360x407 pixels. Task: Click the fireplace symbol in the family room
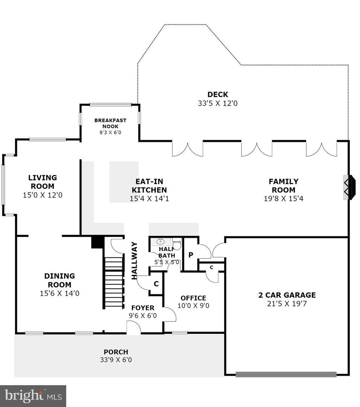coord(349,187)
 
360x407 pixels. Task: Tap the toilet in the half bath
coord(177,244)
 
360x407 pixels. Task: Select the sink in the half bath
coord(161,242)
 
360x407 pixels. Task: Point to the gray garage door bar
coord(286,374)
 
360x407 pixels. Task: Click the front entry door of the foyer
coord(134,327)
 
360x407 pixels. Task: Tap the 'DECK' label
coord(218,95)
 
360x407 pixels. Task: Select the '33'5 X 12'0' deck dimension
coord(218,103)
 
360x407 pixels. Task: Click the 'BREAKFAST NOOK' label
coord(110,123)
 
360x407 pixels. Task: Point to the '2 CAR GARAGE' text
coord(287,295)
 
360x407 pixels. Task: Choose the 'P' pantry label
coord(191,255)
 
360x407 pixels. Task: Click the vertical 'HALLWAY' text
coord(134,261)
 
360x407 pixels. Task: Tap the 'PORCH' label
coord(116,352)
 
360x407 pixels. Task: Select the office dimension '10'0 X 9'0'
coord(193,306)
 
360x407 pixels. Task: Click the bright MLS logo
coord(33,396)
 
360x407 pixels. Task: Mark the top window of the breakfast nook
coord(110,105)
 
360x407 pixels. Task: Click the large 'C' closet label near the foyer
coord(156,284)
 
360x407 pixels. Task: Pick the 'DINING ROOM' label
coord(59,280)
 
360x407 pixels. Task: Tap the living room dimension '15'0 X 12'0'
coord(43,195)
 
